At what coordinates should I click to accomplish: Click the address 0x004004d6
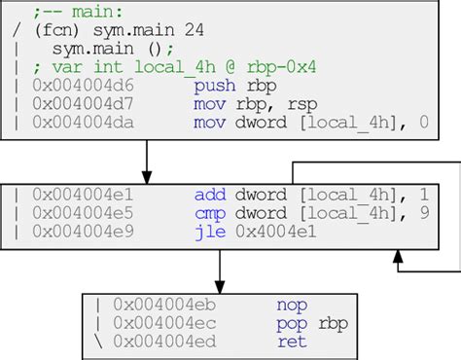click(x=79, y=85)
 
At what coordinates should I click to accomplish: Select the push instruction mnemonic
click(x=214, y=85)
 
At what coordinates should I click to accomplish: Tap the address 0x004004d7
click(x=79, y=103)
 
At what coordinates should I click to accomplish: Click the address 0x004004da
click(x=79, y=123)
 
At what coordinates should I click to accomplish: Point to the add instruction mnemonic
click(x=209, y=195)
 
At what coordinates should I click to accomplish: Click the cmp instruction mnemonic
click(x=209, y=213)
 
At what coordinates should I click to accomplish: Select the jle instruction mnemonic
click(x=209, y=232)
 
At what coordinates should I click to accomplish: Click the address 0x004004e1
click(x=79, y=195)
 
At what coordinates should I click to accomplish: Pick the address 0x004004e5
click(x=79, y=213)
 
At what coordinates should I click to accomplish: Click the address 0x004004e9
click(x=79, y=232)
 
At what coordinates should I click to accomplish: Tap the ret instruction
click(x=291, y=342)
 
